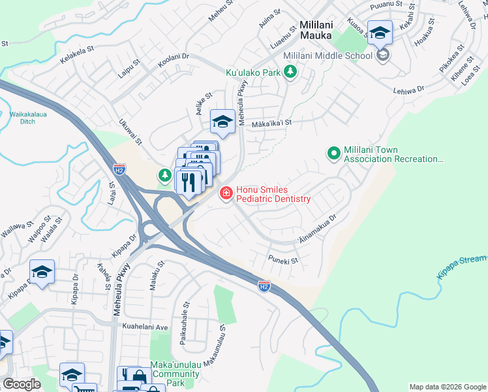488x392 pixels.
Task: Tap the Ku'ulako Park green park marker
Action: [290, 73]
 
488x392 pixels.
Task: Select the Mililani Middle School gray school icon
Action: [383, 55]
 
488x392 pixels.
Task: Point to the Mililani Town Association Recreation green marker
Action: [334, 153]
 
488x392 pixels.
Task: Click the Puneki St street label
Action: [283, 260]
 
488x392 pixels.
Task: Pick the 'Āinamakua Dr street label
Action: [317, 229]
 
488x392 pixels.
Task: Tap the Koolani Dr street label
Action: [173, 61]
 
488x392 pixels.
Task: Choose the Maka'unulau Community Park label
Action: [174, 378]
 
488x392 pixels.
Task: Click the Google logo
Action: [22, 385]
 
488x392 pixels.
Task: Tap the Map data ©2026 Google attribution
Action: [447, 387]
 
